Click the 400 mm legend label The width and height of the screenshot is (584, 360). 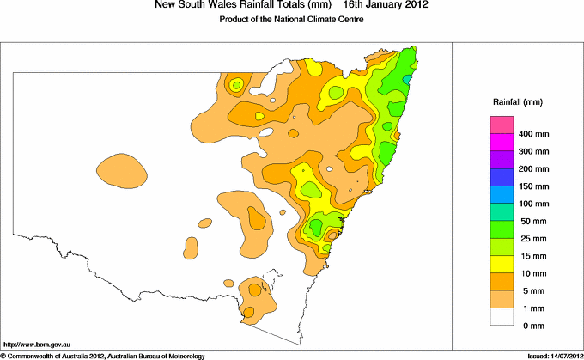tap(532, 135)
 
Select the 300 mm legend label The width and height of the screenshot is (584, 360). tap(532, 152)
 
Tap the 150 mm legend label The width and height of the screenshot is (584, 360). tap(532, 186)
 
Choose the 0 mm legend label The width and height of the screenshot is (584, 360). tap(528, 325)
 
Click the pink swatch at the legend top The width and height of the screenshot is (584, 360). tap(502, 125)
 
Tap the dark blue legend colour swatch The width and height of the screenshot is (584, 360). tap(502, 178)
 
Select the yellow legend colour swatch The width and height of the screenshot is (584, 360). tap(502, 264)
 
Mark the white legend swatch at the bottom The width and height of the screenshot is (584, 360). tap(502, 316)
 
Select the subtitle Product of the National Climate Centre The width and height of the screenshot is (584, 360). tap(293, 19)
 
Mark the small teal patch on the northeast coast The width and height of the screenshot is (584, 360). tap(408, 79)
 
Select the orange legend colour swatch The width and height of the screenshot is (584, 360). tap(502, 281)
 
